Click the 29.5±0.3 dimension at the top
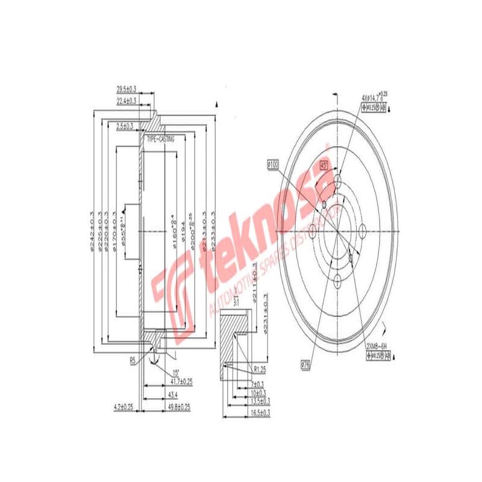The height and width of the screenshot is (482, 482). (x=127, y=89)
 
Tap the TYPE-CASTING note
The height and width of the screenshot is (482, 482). (x=161, y=139)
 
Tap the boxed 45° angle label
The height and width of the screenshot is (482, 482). (x=324, y=164)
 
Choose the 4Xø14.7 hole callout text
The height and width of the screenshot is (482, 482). (x=374, y=96)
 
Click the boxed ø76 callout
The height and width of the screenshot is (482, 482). (x=307, y=363)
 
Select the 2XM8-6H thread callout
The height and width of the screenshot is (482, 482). (x=378, y=346)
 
